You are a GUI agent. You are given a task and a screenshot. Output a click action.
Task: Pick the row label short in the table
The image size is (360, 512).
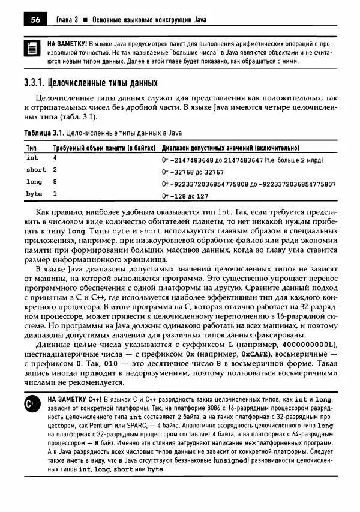point(36,170)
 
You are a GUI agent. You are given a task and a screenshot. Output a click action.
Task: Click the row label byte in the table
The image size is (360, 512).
point(34,194)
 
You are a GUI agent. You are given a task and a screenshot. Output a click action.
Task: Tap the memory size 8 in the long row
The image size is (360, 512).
point(55,182)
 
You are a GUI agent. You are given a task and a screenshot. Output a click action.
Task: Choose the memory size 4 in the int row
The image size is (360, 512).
point(55,158)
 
